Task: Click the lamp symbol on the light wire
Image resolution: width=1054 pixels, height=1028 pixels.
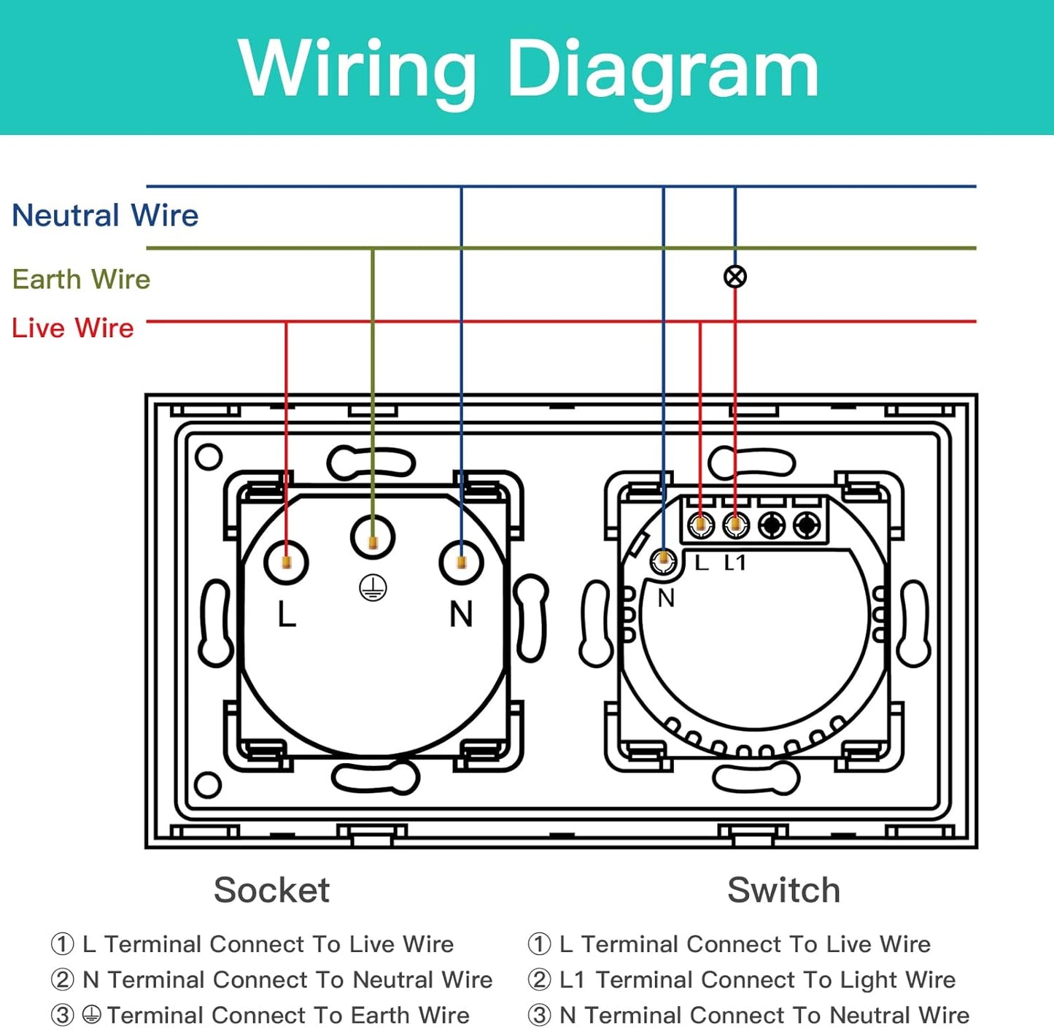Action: coord(735,277)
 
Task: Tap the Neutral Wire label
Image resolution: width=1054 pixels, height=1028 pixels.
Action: coord(105,215)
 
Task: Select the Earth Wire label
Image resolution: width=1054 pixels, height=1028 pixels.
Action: coord(81,279)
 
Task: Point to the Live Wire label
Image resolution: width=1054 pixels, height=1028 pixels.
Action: coord(73,328)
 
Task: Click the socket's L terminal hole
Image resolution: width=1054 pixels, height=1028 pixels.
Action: coord(286,563)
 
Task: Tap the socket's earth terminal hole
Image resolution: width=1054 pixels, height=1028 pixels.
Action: coord(373,538)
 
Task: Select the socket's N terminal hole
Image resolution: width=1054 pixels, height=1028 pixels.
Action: coord(461,563)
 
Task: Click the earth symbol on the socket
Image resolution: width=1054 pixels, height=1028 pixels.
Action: coord(373,587)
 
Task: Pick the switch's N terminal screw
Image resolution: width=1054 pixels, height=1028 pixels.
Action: coord(663,561)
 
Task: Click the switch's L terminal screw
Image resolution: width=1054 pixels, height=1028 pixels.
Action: coord(700,524)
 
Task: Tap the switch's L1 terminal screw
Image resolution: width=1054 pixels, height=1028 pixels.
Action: coord(735,524)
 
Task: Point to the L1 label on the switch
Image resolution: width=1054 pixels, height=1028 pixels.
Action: coord(735,563)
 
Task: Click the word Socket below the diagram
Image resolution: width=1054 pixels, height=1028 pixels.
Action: coord(271,890)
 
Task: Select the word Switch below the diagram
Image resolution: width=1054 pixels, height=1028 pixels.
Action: coord(783,890)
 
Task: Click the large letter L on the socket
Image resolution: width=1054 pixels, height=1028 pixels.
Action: coord(287,614)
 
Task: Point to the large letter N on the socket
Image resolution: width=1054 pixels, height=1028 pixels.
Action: coord(461,614)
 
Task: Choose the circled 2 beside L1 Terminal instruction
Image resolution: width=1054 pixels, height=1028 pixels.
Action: coord(539,979)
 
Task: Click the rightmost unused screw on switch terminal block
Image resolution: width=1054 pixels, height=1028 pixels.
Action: coord(806,524)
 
